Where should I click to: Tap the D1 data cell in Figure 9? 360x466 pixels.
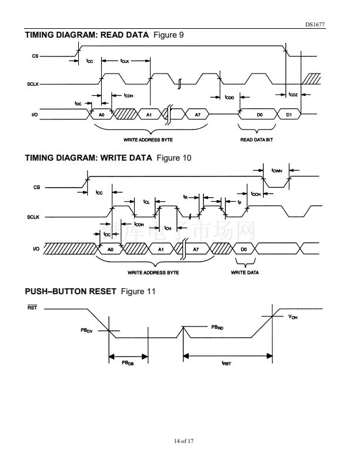click(x=289, y=115)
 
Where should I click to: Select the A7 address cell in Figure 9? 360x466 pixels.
click(x=197, y=115)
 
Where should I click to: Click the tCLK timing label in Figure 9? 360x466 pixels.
click(x=125, y=61)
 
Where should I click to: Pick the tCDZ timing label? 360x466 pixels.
click(x=293, y=95)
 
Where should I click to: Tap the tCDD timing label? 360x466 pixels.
click(x=229, y=97)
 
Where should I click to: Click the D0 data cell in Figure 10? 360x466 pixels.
click(x=244, y=249)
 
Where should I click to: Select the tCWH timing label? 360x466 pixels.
click(x=277, y=171)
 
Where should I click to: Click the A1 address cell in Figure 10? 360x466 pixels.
click(x=161, y=249)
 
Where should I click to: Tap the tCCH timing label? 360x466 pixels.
click(x=255, y=194)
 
